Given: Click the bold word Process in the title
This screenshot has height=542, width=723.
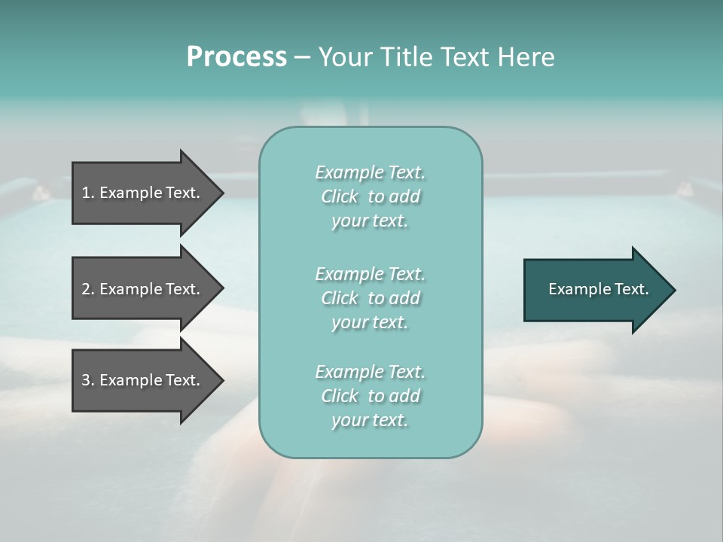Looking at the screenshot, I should point(236,57).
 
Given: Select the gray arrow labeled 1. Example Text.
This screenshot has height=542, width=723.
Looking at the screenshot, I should point(143,193).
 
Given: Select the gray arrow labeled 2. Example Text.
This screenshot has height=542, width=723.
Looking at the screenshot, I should point(143,289).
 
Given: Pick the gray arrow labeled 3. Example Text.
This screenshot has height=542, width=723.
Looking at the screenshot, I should point(143,380).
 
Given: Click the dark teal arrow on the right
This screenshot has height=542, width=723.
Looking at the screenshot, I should point(595,290).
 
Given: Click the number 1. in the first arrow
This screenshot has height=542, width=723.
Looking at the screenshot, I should point(88,193).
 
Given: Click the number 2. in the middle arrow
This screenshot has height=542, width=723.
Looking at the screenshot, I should point(88,289).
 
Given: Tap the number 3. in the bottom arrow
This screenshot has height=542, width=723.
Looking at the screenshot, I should point(88,380).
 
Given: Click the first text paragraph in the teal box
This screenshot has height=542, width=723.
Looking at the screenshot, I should point(370,196).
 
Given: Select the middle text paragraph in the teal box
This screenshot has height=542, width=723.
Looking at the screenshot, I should point(370,298).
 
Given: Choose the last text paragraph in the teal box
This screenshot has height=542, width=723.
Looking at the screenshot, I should point(370,396).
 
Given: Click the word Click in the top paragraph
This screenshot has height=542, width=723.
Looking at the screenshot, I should point(339,196).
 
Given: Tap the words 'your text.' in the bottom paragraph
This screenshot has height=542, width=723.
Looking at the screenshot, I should point(370,420).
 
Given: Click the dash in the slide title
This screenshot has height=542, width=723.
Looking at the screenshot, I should point(302,57).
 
